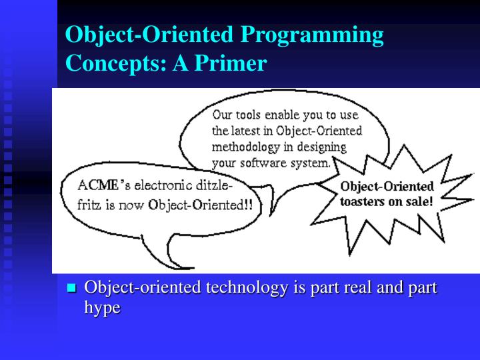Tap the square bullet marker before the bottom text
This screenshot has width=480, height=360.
73,289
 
